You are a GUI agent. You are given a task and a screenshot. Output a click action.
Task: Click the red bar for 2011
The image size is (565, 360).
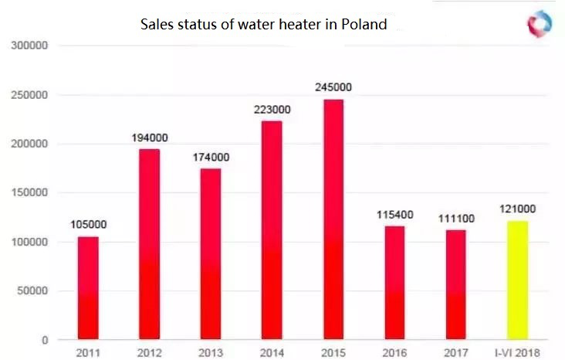88,287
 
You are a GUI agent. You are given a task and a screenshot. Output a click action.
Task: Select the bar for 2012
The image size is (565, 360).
149,244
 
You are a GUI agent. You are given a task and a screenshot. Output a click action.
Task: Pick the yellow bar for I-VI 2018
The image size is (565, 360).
517,280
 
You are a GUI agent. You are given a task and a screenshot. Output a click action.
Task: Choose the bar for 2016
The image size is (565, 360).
394,283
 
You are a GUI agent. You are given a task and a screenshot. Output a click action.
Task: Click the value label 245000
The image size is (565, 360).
333,87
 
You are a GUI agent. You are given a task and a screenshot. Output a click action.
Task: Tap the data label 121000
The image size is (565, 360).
516,209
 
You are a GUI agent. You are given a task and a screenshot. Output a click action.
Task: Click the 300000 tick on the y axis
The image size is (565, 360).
30,46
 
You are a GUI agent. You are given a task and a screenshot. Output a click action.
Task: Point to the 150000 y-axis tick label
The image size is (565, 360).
30,193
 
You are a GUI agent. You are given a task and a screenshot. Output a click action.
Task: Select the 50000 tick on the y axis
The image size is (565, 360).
33,291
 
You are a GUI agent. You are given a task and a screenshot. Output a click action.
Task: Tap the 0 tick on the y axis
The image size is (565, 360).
46,340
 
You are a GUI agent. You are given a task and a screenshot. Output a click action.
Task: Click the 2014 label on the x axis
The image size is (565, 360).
272,352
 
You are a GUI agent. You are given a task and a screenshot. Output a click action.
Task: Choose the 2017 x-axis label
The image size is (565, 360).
455,352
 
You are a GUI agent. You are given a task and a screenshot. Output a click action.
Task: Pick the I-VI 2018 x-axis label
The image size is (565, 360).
516,352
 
